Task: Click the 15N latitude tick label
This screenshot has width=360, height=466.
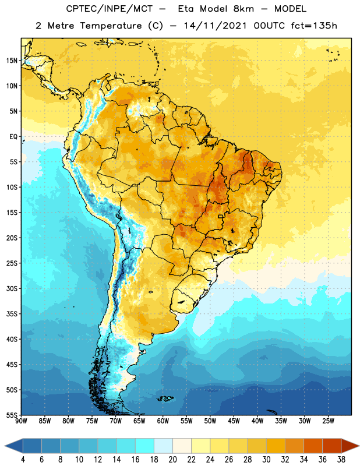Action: click(x=12, y=61)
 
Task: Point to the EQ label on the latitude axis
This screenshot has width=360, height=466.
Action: click(x=13, y=137)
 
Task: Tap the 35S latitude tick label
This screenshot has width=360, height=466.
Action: click(x=12, y=314)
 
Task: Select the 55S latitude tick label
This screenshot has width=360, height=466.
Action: click(x=12, y=415)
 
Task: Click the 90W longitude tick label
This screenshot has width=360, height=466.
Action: click(x=21, y=421)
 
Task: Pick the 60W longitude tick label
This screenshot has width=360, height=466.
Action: click(x=163, y=421)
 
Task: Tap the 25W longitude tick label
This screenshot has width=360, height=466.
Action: click(x=328, y=421)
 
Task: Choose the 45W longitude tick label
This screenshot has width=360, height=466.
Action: click(x=234, y=421)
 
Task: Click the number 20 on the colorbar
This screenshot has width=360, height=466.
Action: click(x=172, y=460)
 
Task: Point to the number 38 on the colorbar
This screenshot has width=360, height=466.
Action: click(x=341, y=460)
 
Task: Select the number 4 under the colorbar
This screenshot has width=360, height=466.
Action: click(x=23, y=460)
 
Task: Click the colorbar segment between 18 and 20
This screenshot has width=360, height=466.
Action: click(x=164, y=446)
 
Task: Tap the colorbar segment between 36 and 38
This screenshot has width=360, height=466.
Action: click(x=332, y=446)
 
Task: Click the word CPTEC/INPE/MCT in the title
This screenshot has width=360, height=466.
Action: click(x=109, y=9)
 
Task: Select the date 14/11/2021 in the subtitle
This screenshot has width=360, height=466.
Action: click(x=215, y=26)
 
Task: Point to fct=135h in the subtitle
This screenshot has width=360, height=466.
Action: click(x=314, y=26)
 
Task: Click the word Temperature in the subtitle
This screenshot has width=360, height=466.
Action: click(x=111, y=26)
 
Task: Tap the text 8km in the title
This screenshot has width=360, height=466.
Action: click(x=243, y=9)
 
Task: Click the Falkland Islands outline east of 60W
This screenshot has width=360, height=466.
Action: click(x=165, y=398)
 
